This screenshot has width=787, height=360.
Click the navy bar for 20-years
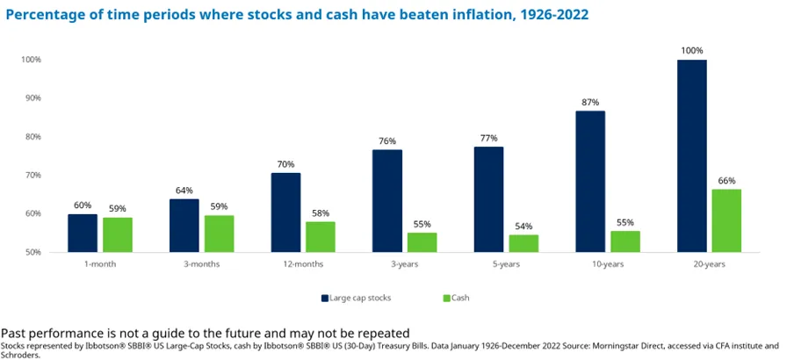(x=692, y=155)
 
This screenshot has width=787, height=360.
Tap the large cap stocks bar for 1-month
(x=83, y=233)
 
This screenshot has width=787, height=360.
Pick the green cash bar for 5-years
(x=523, y=243)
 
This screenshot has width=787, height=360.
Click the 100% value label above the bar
(x=692, y=51)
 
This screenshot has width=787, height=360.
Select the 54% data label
(x=523, y=226)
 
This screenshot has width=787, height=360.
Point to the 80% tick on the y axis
(x=32, y=137)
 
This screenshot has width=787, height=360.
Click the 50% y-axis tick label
(x=32, y=253)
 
